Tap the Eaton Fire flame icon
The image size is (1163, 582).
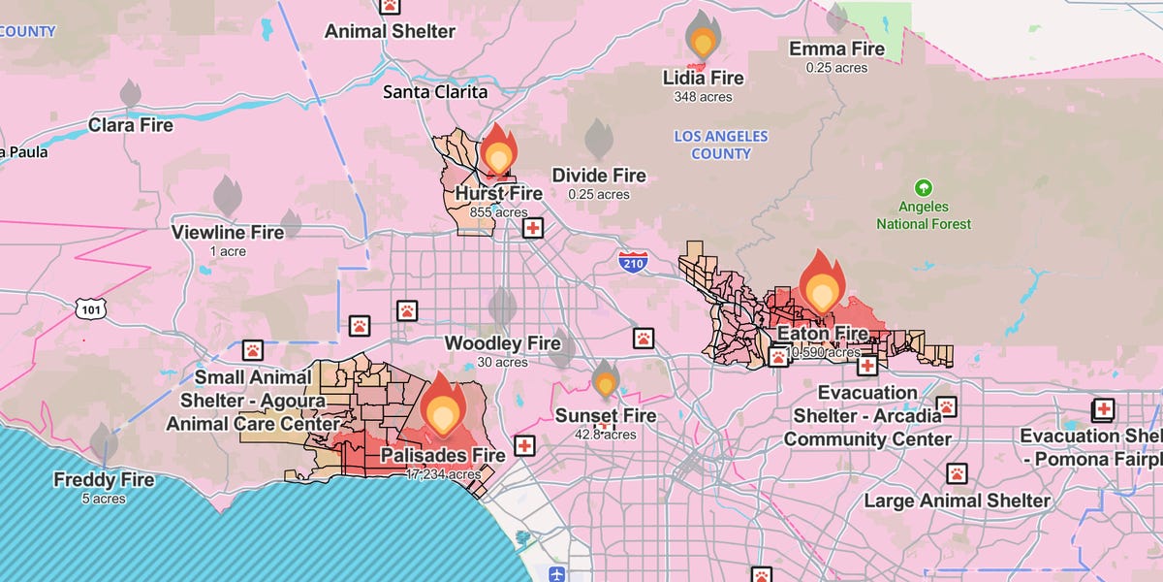(822, 282)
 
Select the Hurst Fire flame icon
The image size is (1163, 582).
(499, 150)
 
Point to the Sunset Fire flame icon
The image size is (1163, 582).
(606, 379)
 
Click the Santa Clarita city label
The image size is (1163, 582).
(435, 92)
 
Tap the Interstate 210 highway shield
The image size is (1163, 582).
(632, 261)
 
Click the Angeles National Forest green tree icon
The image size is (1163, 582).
(924, 187)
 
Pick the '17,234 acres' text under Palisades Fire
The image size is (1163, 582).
(443, 474)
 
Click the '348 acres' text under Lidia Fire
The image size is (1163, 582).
(703, 97)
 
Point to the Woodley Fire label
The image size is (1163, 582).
(502, 343)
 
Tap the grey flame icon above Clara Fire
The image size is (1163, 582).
(130, 94)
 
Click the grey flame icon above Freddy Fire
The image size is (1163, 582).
(104, 442)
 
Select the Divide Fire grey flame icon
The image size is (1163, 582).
(598, 140)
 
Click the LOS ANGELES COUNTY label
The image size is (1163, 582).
(721, 145)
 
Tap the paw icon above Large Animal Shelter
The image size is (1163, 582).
(957, 473)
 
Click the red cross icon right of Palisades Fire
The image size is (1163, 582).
(524, 445)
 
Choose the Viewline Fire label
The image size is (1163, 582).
(228, 233)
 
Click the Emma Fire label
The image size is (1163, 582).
(836, 49)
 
